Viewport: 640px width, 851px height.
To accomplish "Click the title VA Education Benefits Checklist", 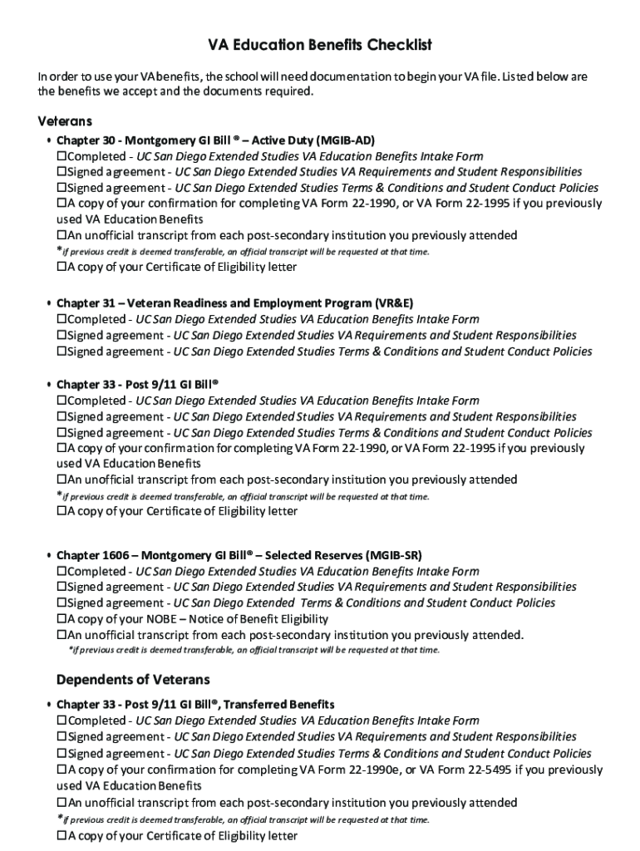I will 319,45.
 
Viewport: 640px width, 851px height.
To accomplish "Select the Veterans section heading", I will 65,121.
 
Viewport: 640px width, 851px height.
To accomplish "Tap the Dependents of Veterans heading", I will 133,680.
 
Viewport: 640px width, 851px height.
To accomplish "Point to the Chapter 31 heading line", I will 234,303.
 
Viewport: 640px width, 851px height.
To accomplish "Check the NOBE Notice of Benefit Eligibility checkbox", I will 61,619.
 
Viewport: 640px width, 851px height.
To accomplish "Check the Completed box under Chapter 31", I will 61,319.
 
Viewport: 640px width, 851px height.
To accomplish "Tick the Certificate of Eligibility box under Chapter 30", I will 61,268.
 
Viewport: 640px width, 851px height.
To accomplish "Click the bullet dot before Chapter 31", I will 49,304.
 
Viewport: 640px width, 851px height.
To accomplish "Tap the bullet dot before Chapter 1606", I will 49,555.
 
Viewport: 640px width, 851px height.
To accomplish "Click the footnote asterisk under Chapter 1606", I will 70,650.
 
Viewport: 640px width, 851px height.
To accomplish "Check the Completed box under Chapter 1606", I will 61,571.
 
